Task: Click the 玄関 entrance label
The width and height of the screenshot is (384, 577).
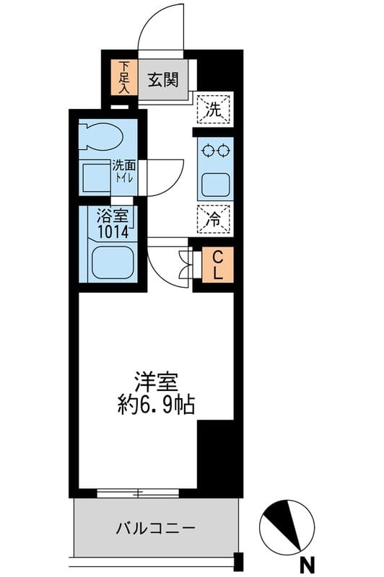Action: tap(164, 80)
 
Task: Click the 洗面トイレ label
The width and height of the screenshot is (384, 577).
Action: tap(123, 171)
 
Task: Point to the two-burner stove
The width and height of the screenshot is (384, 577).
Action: tap(215, 151)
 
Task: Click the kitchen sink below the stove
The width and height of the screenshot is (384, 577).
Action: tap(215, 184)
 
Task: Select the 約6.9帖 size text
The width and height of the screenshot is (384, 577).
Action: tap(156, 405)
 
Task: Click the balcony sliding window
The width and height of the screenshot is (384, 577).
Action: tap(138, 493)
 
